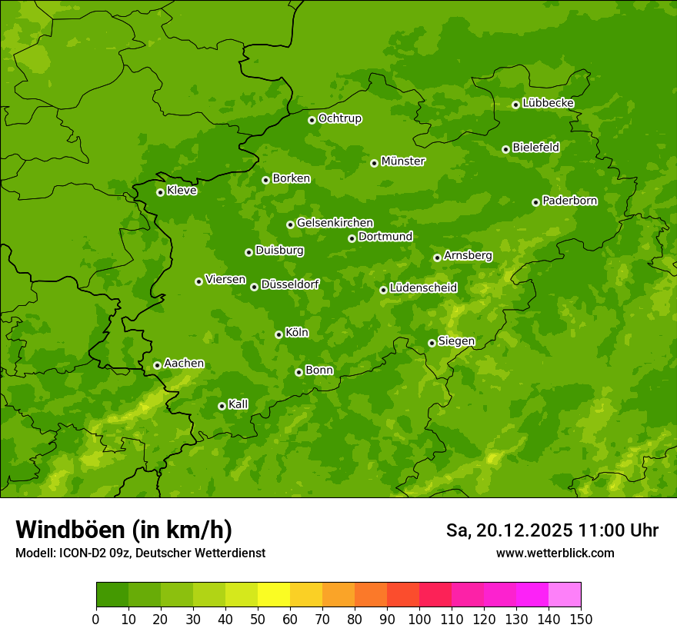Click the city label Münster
coord(403,161)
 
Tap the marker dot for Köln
coord(278,334)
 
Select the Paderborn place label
coord(570,201)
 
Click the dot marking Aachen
coord(157,365)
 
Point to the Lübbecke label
coord(549,103)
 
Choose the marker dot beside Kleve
coord(160,192)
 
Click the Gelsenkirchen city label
coord(335,223)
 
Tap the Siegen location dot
coord(432,343)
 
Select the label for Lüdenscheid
coord(423,288)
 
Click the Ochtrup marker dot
coord(312,120)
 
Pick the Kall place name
coord(238,404)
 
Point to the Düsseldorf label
coord(290,284)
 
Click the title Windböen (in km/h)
coord(124,530)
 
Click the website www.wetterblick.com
coord(555,553)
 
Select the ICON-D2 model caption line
coord(140,553)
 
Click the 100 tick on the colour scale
coord(419,619)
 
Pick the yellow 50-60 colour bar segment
coord(274,595)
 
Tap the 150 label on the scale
coord(580,619)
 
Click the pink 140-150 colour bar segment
coord(565,595)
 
